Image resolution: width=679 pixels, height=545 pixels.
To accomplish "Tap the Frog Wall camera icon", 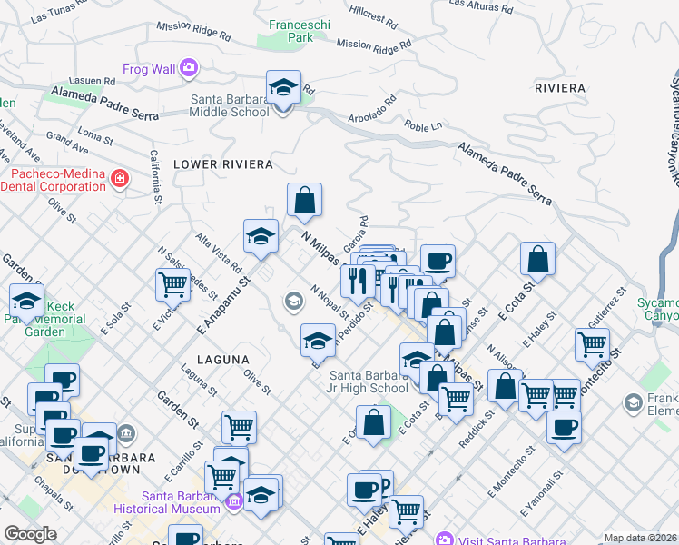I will click(189, 66).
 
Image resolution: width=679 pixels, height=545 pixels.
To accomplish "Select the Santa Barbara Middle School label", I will click(229, 106).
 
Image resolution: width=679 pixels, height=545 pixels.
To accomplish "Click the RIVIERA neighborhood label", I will click(560, 88).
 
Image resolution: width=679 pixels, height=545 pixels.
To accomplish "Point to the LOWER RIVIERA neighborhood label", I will click(223, 164).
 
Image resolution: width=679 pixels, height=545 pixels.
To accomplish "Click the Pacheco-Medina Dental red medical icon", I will click(119, 179).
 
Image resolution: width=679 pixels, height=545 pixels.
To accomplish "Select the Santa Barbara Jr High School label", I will click(369, 381).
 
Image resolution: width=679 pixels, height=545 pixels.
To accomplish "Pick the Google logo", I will click(30, 534).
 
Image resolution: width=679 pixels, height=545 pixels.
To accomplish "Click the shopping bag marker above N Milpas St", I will click(305, 200).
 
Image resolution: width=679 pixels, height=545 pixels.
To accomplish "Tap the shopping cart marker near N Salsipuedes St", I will click(172, 283).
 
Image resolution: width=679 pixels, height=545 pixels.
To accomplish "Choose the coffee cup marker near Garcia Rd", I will click(437, 261).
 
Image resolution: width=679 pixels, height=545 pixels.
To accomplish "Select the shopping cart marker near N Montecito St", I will click(592, 344).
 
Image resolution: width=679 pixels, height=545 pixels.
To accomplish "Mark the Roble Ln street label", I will click(422, 127).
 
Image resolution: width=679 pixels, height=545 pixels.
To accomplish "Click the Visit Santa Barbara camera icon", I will click(444, 538).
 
